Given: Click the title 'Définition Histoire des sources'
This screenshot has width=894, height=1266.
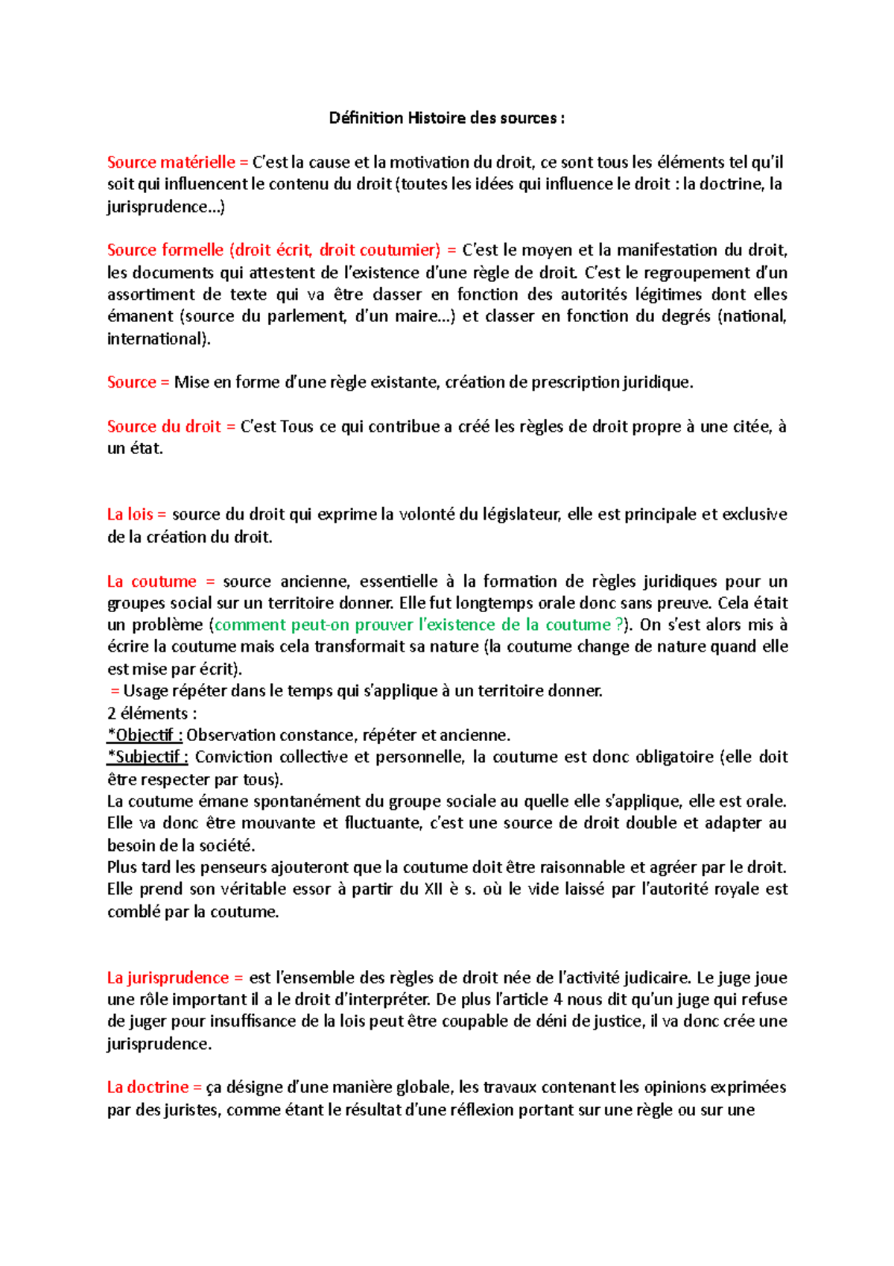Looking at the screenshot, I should click(x=446, y=118).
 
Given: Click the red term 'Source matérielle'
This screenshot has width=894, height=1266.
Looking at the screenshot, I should click(x=171, y=162).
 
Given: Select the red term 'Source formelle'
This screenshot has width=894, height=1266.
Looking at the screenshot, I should click(x=165, y=250).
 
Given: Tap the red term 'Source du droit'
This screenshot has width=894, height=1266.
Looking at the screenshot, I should click(x=164, y=426).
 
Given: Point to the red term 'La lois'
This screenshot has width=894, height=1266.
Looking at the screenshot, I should click(x=130, y=514).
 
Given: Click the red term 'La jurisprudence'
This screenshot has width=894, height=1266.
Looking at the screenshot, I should click(x=168, y=977).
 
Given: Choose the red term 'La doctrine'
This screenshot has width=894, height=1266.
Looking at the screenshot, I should click(x=148, y=1087).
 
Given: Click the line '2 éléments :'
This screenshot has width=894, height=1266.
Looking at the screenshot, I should click(x=152, y=713).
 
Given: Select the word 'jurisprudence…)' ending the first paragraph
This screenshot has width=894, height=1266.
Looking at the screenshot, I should click(x=165, y=207).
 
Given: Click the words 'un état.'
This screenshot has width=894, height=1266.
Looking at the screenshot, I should click(x=135, y=449).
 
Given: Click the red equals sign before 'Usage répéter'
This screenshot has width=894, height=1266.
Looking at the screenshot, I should click(x=115, y=691).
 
